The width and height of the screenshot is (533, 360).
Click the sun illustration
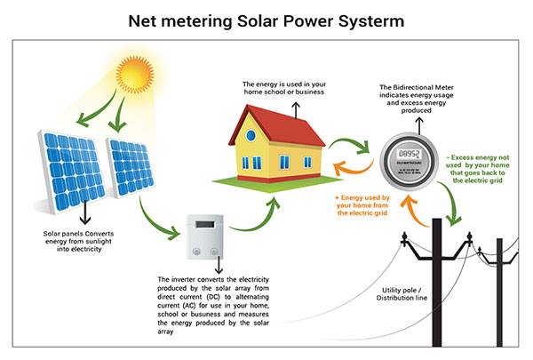pos(135,75)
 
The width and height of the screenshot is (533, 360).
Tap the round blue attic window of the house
pos(251,135)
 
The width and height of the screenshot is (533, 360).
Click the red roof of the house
pos(277,124)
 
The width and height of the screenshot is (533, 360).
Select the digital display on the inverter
pos(205,224)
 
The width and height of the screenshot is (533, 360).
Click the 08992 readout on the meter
pos(409,154)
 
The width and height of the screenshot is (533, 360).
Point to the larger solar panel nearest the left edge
pos(71,172)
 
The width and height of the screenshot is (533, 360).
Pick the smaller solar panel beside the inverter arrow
pos(131,167)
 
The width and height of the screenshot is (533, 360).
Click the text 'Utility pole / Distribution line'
pos(402,294)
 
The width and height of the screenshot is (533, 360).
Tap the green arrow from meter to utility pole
pos(452,201)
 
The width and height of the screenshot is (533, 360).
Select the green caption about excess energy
pos(478,169)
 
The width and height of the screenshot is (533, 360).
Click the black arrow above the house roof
pos(296,110)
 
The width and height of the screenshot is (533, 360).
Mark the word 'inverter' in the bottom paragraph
pos(183,280)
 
